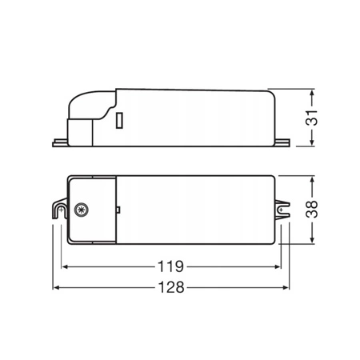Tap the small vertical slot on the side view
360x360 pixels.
tap(119, 122)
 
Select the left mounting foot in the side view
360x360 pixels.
tap(59, 143)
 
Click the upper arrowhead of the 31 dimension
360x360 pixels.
tap(310, 91)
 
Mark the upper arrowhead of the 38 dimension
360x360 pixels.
tap(310, 178)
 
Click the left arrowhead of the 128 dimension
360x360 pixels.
tap(56, 287)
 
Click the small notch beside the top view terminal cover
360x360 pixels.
tap(118, 209)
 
